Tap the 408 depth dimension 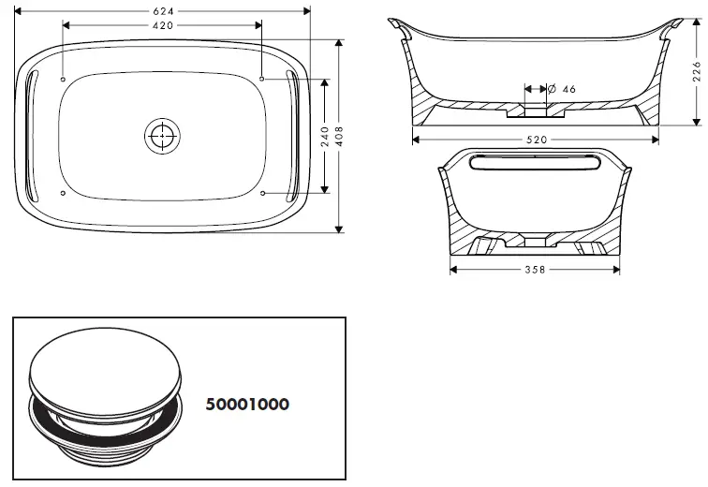point(339,135)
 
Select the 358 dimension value point(534,270)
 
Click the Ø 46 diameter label point(561,88)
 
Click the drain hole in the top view point(163,136)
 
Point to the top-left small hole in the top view point(63,81)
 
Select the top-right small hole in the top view point(263,81)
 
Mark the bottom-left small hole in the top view point(63,193)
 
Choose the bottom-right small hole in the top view point(263,193)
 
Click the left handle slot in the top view point(34,136)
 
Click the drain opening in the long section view point(535,111)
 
